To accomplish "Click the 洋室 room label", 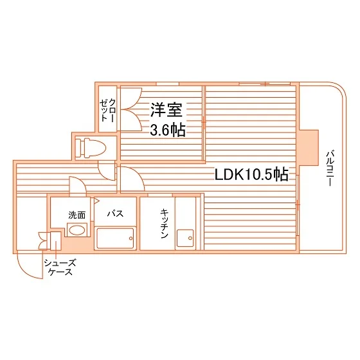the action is [x=166, y=110].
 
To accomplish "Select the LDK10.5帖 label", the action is [x=251, y=174].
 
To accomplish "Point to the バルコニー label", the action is [x=330, y=168].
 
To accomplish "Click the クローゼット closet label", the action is [x=107, y=110].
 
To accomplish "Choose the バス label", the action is [x=116, y=213].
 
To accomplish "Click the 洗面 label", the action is [x=77, y=215].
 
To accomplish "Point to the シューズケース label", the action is [x=60, y=267].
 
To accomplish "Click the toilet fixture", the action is [x=91, y=148].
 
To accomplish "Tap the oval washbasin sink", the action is [x=77, y=230].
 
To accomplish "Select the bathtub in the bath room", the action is [x=115, y=239].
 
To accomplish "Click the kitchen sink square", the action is [x=185, y=238].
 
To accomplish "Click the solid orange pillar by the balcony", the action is [x=309, y=147].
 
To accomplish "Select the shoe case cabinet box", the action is [x=55, y=241].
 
